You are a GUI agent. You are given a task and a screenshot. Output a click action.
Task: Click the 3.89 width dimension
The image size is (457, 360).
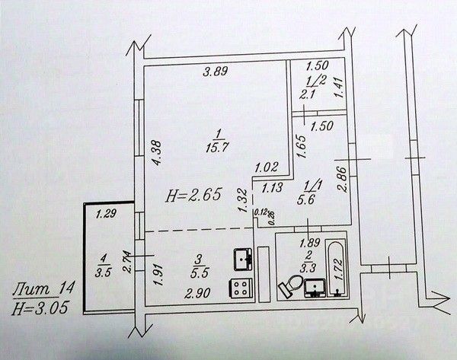215,73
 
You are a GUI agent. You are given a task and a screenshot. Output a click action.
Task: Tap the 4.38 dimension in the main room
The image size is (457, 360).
154,155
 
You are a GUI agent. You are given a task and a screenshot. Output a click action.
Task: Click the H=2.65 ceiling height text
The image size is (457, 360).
193,195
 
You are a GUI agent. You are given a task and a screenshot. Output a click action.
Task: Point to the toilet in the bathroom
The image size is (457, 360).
288,287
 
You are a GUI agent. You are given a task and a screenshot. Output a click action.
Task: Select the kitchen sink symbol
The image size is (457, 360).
244,260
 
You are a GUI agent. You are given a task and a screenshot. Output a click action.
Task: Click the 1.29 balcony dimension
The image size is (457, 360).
107,216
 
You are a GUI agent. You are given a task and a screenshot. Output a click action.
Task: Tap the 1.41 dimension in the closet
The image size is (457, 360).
340,90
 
